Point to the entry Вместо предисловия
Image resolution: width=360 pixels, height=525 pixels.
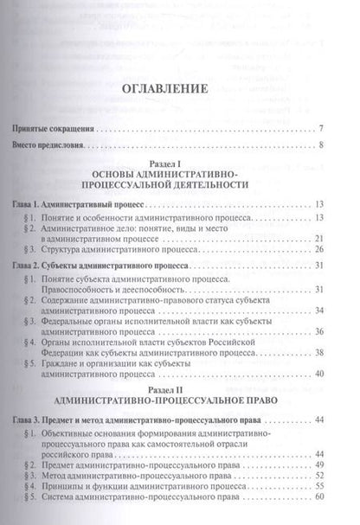point(57,144)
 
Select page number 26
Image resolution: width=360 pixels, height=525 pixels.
point(319,251)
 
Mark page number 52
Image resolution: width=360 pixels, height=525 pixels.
point(319,464)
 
